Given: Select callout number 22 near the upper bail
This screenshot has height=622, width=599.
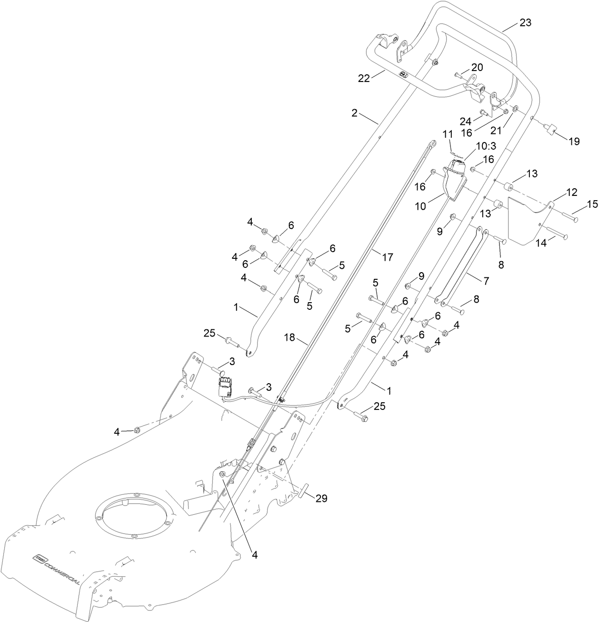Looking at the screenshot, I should pos(377,79).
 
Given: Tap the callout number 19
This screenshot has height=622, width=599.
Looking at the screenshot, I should pos(574,141).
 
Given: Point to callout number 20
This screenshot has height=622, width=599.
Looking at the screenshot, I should pos(477,68).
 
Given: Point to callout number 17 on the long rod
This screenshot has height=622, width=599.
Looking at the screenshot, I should pos(387,257).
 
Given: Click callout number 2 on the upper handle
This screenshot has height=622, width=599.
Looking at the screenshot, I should pos(354,113).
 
